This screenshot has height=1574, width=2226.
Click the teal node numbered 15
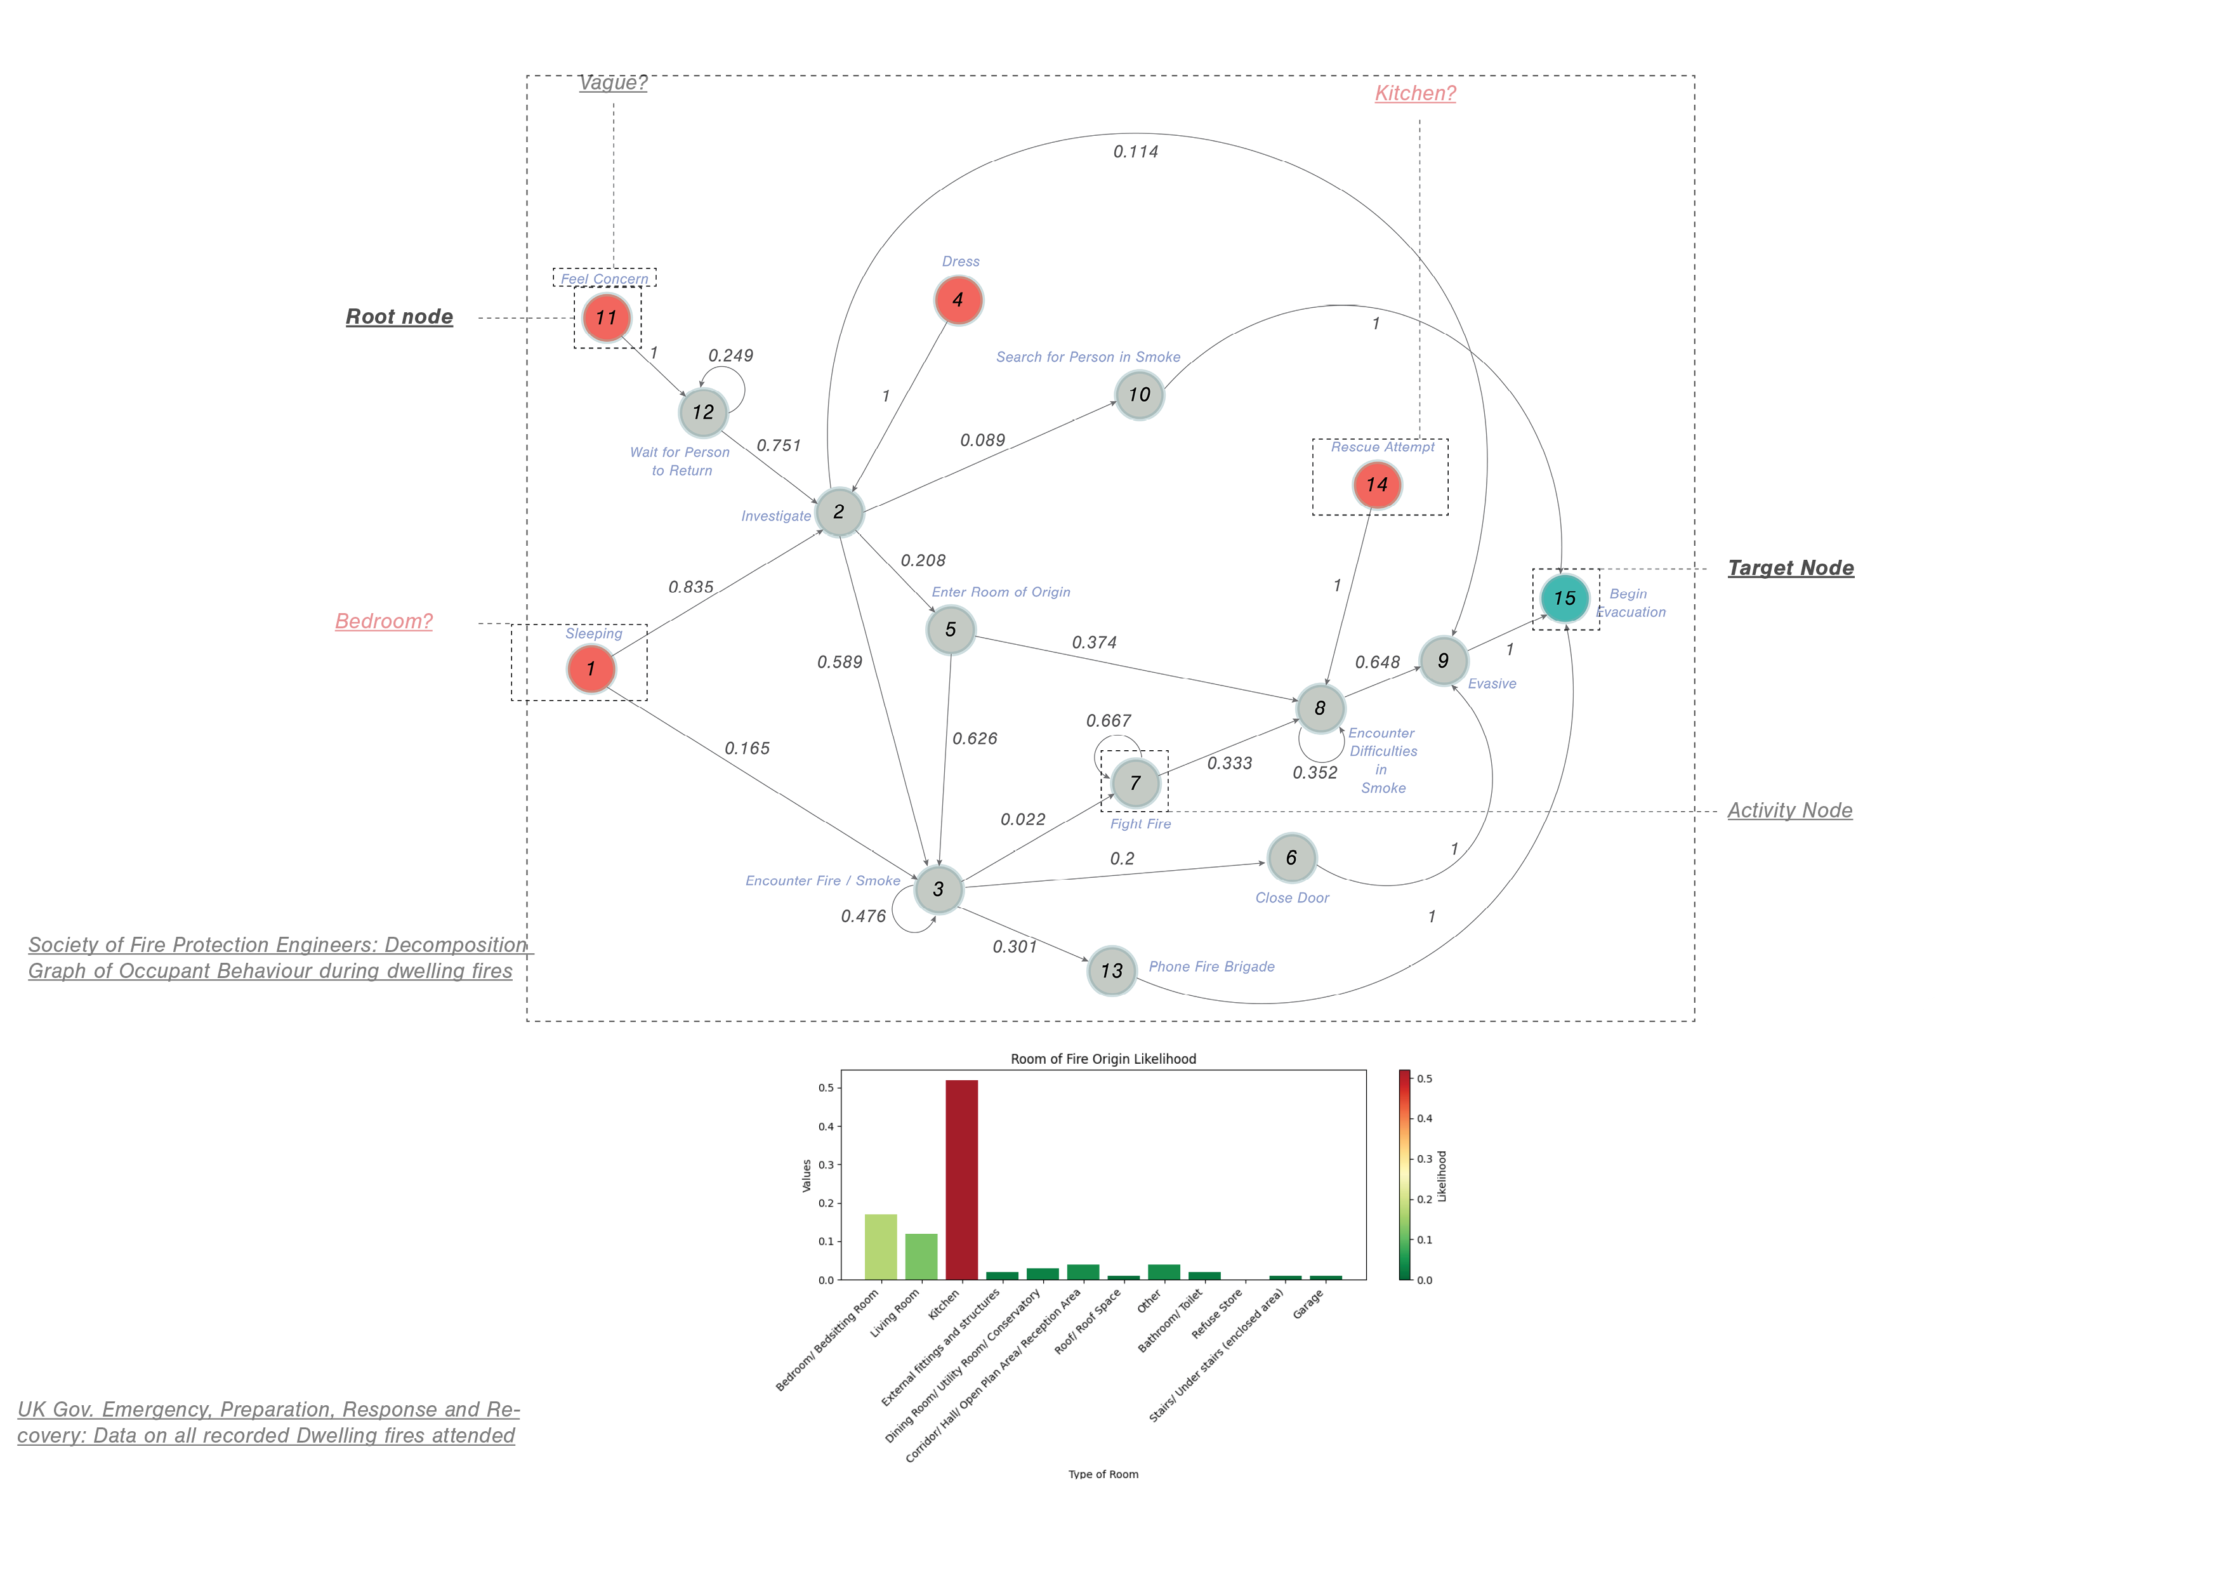(x=1564, y=599)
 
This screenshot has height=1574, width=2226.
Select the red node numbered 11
(x=607, y=318)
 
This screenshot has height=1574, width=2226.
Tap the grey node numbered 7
(x=1135, y=783)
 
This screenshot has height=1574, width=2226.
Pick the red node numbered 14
(x=1377, y=485)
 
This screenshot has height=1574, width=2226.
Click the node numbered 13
(x=1111, y=971)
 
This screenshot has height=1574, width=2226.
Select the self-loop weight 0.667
(x=1108, y=720)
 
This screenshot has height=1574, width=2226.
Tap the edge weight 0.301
(x=1014, y=946)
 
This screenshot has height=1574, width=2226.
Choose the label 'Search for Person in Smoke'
(x=1088, y=357)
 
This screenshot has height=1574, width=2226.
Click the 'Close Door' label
(x=1291, y=898)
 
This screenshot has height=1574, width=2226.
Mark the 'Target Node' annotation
(x=1789, y=568)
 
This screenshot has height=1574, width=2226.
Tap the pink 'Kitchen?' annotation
(x=1414, y=94)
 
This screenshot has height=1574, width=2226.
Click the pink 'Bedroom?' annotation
(x=384, y=621)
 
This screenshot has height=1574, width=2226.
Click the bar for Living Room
(x=921, y=1256)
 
